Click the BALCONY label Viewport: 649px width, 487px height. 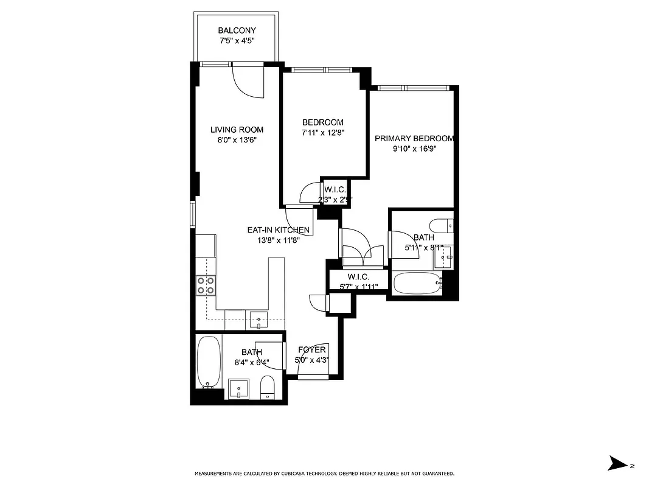point(237,30)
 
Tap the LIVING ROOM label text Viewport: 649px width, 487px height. point(237,129)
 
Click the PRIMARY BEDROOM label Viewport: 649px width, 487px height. point(414,138)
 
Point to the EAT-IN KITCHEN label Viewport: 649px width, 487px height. point(278,230)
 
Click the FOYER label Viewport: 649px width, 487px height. point(311,349)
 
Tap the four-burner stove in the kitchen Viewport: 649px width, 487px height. point(206,286)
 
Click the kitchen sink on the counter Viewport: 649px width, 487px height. point(259,320)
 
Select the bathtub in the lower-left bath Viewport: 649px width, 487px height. point(208,363)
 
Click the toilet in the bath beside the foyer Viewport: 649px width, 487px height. point(268,388)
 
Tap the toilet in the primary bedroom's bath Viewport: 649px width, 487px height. point(441,224)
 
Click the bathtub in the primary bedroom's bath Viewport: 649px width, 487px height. point(417,284)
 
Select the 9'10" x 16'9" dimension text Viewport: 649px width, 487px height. point(414,149)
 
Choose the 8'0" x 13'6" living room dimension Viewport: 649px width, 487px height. point(237,139)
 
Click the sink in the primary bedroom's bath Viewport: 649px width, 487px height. point(445,259)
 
